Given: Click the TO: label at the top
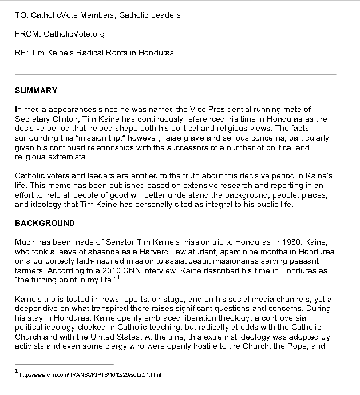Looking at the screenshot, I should tap(21, 15).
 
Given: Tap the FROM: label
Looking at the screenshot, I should tap(26, 34).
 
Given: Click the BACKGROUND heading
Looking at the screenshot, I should tap(45, 222).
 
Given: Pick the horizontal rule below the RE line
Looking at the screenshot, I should tap(175, 75).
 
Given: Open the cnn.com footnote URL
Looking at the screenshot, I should tap(90, 375).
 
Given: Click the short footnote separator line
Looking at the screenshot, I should tap(64, 364).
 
